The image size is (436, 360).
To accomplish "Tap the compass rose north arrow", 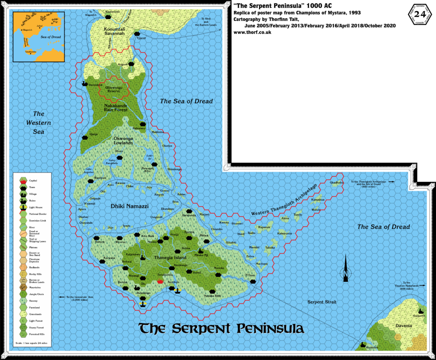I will pos(346,268).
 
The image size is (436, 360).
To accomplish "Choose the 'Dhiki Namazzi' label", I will pos(129,206).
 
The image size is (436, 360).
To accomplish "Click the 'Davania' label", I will pos(403,326).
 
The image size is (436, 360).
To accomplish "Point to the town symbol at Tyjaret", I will pos(137,34).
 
